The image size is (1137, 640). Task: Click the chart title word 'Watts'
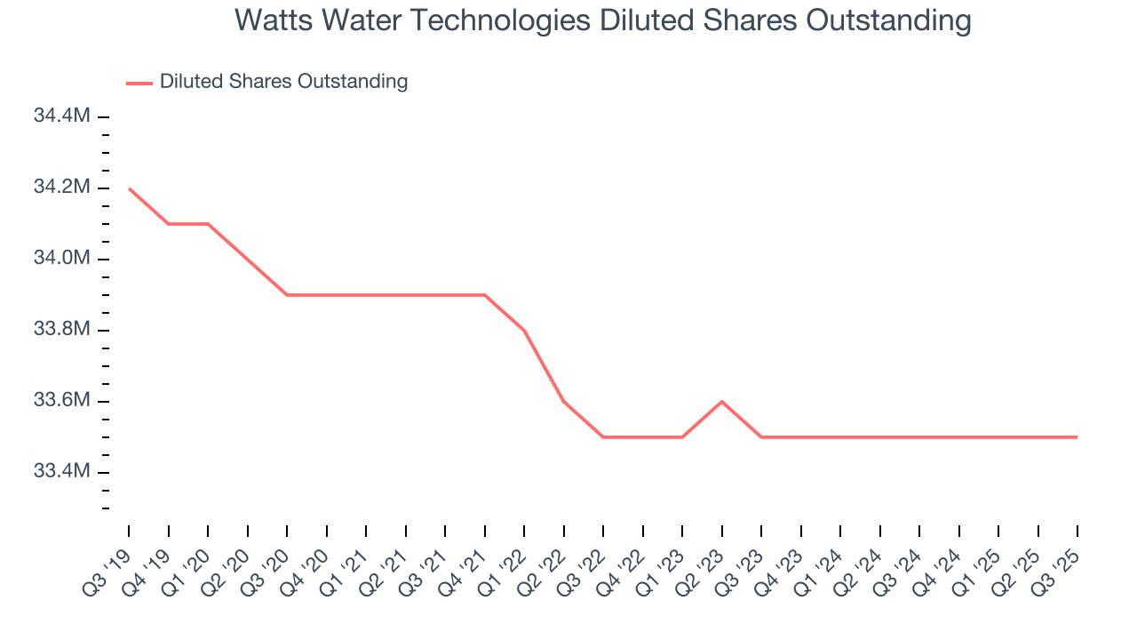(x=273, y=20)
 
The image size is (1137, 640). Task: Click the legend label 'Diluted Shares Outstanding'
(x=283, y=82)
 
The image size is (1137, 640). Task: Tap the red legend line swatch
(x=139, y=83)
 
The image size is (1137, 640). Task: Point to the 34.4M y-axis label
(x=61, y=116)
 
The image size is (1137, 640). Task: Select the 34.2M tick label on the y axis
(x=61, y=188)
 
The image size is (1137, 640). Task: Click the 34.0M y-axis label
(x=61, y=259)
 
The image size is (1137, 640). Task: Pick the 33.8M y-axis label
(x=61, y=330)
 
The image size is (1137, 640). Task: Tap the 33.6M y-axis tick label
(x=61, y=401)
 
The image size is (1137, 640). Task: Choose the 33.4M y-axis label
(x=61, y=472)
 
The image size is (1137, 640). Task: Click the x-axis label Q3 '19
(x=110, y=568)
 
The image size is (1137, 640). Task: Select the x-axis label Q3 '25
(x=1059, y=568)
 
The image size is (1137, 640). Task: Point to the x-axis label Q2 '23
(x=703, y=568)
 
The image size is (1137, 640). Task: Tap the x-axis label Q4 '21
(x=465, y=568)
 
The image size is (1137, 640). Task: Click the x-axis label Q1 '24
(x=822, y=568)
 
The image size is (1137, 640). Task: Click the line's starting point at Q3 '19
(x=129, y=188)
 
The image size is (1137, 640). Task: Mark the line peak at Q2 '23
(x=721, y=402)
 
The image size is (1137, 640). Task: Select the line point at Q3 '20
(x=287, y=295)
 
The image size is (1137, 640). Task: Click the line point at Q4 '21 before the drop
(x=484, y=295)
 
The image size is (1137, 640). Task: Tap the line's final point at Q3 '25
(x=1077, y=437)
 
